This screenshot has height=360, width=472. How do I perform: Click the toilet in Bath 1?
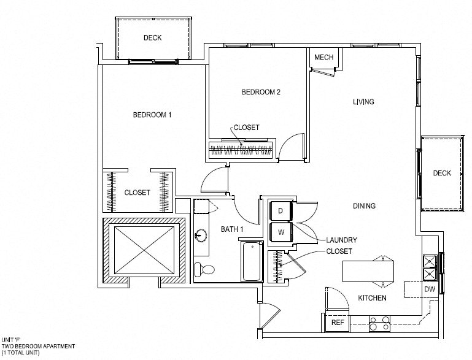[x=204, y=269]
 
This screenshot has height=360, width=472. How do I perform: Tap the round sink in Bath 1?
[x=201, y=235]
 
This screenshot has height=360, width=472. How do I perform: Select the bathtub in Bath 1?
[x=252, y=261]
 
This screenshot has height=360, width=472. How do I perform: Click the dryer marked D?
[x=280, y=211]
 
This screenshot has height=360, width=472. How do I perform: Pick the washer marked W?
[x=280, y=232]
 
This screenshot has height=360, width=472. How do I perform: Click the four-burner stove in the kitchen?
[x=379, y=324]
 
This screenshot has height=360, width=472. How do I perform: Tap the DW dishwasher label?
[x=430, y=289]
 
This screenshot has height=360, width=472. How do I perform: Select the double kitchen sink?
[x=430, y=267]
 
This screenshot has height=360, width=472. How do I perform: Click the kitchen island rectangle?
[x=368, y=271]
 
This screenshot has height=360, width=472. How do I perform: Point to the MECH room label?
[x=323, y=57]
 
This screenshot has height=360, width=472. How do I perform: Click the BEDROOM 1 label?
[x=152, y=115]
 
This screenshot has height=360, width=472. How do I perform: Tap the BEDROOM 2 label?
[x=261, y=92]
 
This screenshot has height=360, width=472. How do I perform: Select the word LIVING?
[x=363, y=102]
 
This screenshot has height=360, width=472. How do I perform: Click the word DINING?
[x=364, y=205]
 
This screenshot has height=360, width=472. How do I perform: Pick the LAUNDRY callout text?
[x=342, y=240]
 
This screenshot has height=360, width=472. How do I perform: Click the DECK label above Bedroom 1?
[x=153, y=37]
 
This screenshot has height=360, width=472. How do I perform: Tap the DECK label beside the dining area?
[x=442, y=173]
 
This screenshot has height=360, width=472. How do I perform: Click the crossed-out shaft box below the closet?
[x=144, y=250]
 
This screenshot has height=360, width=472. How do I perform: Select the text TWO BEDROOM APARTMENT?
[x=38, y=347]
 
